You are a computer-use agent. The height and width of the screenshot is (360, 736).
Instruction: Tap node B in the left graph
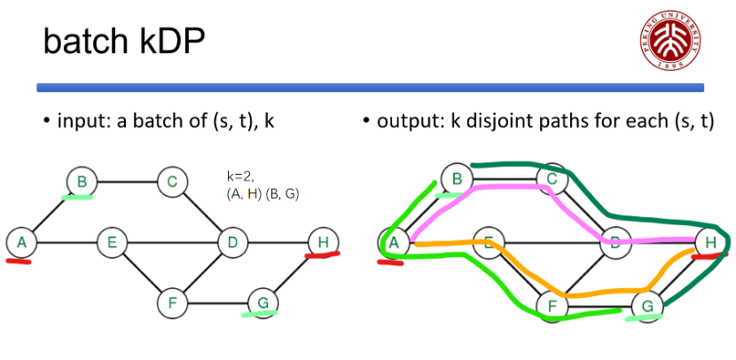(81, 183)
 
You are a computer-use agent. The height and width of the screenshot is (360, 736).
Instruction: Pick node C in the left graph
(172, 183)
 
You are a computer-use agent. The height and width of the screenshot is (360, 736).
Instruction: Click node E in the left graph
(112, 240)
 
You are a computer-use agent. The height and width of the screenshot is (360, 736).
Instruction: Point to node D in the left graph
(232, 240)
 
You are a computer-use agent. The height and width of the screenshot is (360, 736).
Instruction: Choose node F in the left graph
(172, 303)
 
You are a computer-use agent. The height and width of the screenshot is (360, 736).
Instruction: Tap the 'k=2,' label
(239, 177)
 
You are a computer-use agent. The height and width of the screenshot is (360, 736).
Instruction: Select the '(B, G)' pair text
(282, 193)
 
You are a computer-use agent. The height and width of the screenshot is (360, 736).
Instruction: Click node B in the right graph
(458, 178)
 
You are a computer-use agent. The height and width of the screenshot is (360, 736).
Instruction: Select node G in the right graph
(646, 306)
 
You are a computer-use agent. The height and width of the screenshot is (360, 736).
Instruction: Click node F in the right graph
(553, 306)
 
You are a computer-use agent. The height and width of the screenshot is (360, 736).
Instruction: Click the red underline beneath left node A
(19, 261)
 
